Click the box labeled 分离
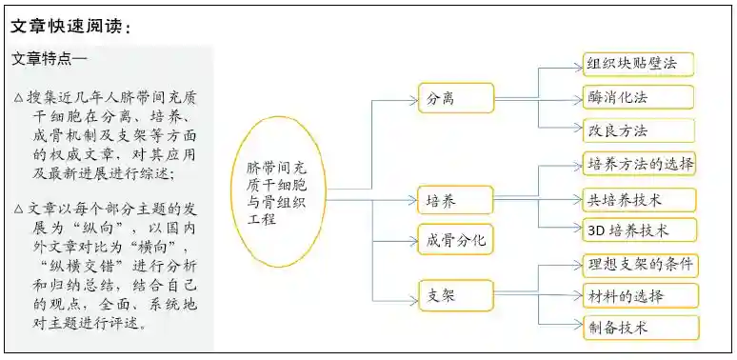456,97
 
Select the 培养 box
456,200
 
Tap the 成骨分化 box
456,239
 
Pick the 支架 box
456,294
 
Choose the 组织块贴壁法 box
638,65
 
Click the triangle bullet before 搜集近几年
19,99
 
